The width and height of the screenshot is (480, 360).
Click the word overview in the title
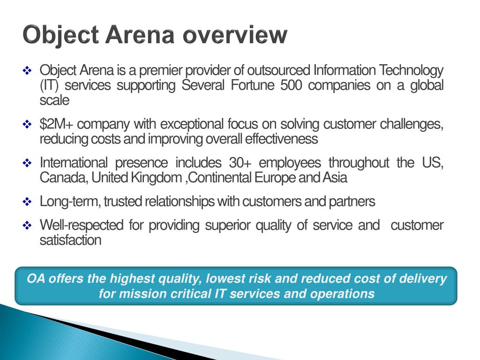[x=235, y=35]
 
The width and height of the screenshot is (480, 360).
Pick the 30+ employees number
[x=240, y=163]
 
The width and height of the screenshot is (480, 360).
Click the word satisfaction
[x=70, y=240]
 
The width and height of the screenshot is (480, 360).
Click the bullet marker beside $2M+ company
[x=27, y=125]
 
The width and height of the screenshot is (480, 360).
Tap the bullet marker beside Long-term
[x=27, y=202]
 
